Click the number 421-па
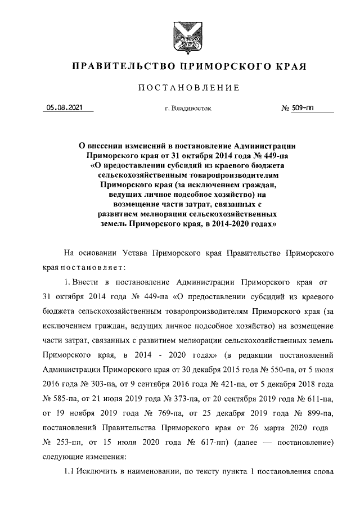(x=219, y=385)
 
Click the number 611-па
(x=318, y=399)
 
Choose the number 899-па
(x=318, y=414)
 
